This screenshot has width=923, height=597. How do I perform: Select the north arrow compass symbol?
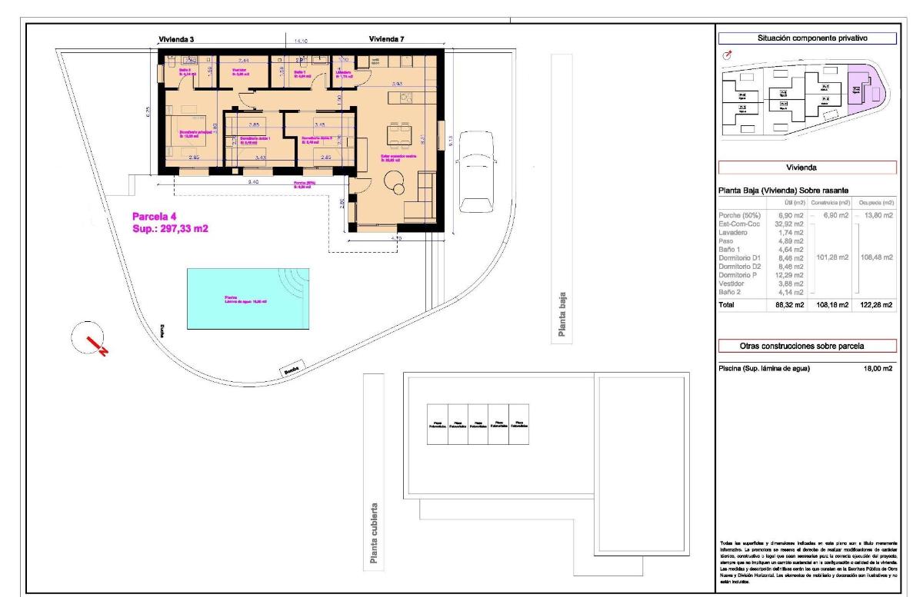pos(92,339)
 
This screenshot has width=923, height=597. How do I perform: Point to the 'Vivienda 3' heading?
pos(175,39)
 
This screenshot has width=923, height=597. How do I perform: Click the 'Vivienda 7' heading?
pos(388,39)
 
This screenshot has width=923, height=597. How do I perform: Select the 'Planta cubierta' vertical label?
pos(373,534)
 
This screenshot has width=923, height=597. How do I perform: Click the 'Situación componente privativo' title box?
pos(806,38)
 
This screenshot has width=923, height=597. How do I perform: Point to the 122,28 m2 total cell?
pos(875,305)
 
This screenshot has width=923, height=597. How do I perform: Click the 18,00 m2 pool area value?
pos(876,369)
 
